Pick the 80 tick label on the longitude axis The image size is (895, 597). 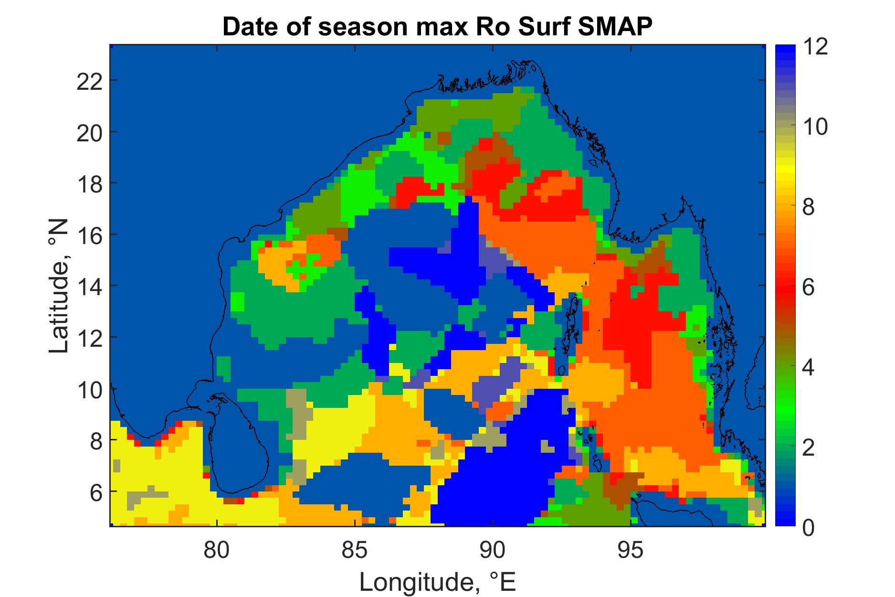point(218,550)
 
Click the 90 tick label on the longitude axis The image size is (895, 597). point(493,550)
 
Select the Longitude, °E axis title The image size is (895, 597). point(437,582)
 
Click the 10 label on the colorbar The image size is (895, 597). point(815,128)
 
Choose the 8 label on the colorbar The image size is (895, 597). point(808,208)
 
